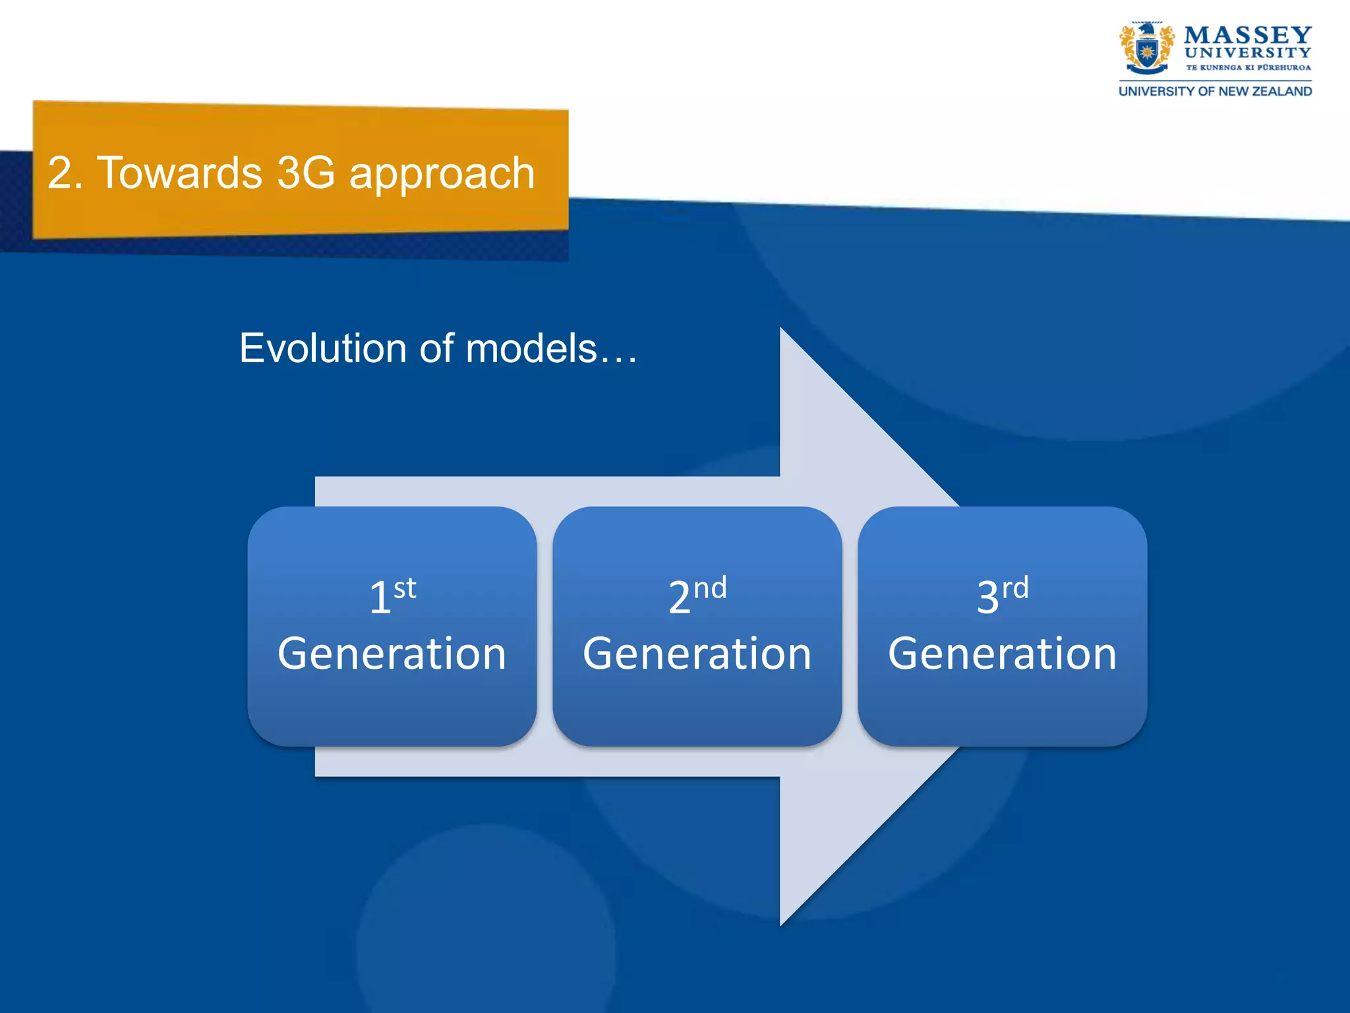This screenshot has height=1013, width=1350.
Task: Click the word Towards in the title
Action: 179,173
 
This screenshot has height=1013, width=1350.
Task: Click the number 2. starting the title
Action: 65,173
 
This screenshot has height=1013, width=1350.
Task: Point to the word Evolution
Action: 323,348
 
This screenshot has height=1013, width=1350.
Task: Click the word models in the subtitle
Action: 531,348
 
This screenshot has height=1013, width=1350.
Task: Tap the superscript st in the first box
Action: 405,588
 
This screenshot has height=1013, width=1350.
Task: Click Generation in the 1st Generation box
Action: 392,654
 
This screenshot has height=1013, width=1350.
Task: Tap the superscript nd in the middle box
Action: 710,588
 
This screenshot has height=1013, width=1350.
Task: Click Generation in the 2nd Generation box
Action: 697,654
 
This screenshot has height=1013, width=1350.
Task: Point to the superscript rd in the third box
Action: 1015,588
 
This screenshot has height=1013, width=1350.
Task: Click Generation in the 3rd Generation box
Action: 1003,654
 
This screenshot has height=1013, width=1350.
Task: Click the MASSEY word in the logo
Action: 1247,34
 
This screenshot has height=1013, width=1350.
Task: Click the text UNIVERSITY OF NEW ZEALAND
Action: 1215,92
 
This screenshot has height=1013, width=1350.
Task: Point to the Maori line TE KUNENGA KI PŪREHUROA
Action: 1248,67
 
